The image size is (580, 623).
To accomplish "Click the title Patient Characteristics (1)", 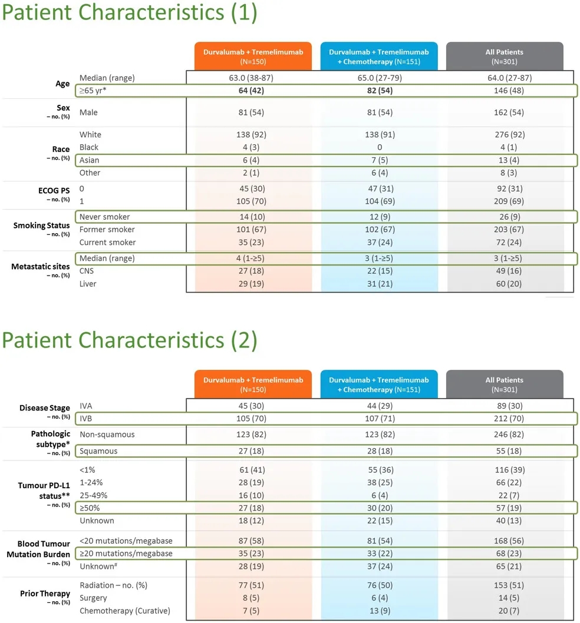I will (129, 13).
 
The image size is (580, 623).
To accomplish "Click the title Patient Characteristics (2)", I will (129, 340).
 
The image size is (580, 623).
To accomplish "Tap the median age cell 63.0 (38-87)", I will (251, 78).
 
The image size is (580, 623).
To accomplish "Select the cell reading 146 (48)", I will (504, 91).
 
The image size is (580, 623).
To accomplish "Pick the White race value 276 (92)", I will (504, 135).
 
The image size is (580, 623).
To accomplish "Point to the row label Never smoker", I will (104, 217).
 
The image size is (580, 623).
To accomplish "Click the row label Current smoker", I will (107, 243).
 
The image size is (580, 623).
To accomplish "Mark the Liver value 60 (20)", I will (504, 284).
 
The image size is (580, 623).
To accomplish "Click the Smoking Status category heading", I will (42, 226).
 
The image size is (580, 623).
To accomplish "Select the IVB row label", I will (87, 419).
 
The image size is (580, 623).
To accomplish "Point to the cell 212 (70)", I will (504, 419).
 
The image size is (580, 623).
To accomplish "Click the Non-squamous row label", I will (107, 435).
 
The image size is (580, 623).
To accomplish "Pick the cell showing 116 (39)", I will (504, 469).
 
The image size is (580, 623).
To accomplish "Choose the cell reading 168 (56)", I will (504, 541).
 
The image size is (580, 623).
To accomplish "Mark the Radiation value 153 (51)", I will (504, 585).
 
